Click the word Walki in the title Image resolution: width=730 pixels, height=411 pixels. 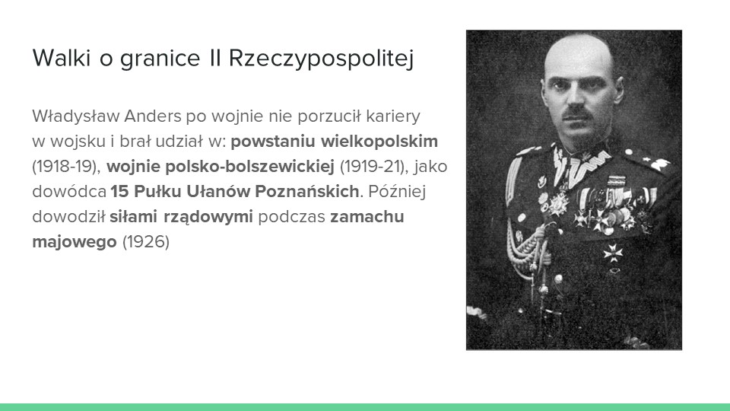tap(61, 58)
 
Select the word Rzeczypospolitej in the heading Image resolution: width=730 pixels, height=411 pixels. tap(321, 59)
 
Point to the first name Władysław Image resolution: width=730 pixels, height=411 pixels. tap(76, 116)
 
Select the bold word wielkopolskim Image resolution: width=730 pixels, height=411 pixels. tap(379, 142)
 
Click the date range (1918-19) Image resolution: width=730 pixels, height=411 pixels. tap(66, 167)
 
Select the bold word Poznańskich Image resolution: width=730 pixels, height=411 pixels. tap(306, 192)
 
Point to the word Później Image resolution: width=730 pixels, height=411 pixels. tap(397, 192)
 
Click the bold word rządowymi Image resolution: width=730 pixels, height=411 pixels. tap(208, 217)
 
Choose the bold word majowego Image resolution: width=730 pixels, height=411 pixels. tap(75, 242)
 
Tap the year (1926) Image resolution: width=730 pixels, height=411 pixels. tap(146, 242)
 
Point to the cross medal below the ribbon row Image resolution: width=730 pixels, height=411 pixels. tap(613, 253)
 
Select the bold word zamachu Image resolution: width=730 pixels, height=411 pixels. tap(367, 217)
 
